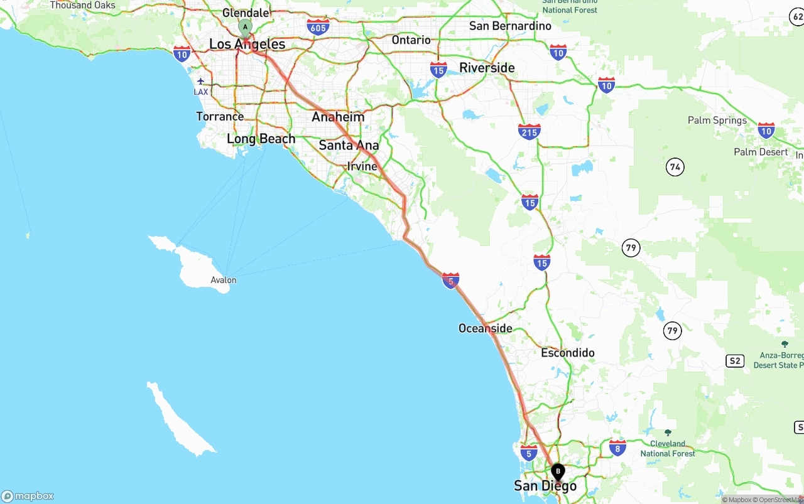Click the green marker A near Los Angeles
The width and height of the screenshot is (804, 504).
point(245,26)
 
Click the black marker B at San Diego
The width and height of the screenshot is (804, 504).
point(558,471)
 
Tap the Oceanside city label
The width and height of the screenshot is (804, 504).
point(485,328)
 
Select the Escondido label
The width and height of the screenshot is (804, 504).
point(568,353)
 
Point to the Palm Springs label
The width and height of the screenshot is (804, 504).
point(717,120)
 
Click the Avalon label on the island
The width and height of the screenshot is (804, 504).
point(224,280)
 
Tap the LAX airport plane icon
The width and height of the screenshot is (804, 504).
point(200,81)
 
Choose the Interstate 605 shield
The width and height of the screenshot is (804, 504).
point(318,26)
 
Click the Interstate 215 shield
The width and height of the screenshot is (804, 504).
point(530,132)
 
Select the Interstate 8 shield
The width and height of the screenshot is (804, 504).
point(617,448)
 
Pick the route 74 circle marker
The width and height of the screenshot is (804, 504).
point(675,167)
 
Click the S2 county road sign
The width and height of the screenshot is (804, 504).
point(734,361)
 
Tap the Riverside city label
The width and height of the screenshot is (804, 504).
point(487,68)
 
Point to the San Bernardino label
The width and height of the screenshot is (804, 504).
point(510,26)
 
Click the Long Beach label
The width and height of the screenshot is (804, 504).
point(261,139)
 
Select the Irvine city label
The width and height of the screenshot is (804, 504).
point(362,166)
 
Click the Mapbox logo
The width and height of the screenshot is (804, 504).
point(28,496)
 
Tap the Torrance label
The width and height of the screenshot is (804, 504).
point(220,116)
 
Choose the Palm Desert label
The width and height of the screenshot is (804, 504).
point(760,152)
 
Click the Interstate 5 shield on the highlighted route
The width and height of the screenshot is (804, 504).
point(450,281)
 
